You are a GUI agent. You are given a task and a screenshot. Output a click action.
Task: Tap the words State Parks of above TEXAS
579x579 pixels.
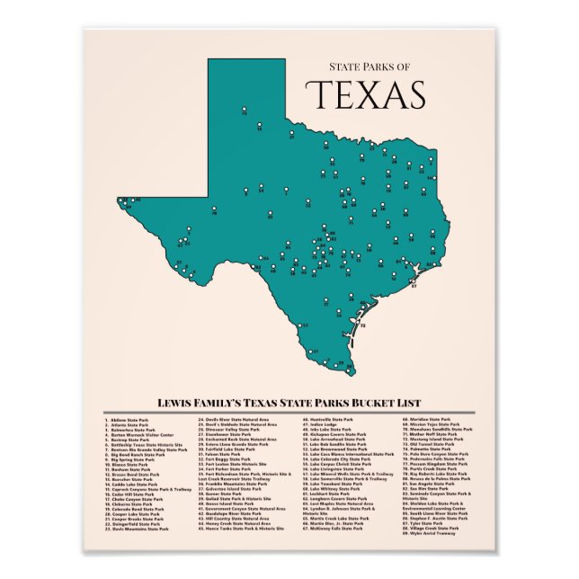coord(369,66)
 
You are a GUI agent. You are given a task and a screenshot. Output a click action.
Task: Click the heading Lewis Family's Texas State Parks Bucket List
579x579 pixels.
coord(289,403)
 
